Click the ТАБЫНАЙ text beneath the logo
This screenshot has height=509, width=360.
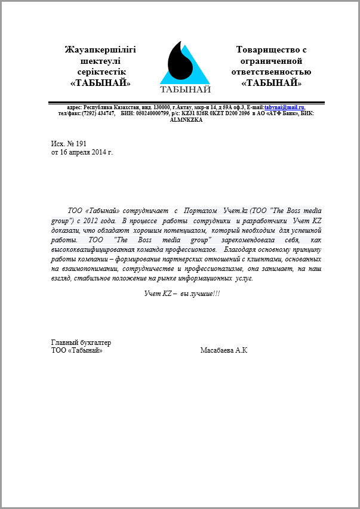tap(185, 90)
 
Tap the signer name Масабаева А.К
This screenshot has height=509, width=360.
tap(224, 350)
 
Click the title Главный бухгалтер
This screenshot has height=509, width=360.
tap(81, 343)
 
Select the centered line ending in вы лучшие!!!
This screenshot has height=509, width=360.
tap(182, 294)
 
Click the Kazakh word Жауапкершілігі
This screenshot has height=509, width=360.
tap(100, 50)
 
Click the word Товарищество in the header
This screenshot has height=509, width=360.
tap(271, 50)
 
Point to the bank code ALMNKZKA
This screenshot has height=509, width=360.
tap(186, 119)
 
